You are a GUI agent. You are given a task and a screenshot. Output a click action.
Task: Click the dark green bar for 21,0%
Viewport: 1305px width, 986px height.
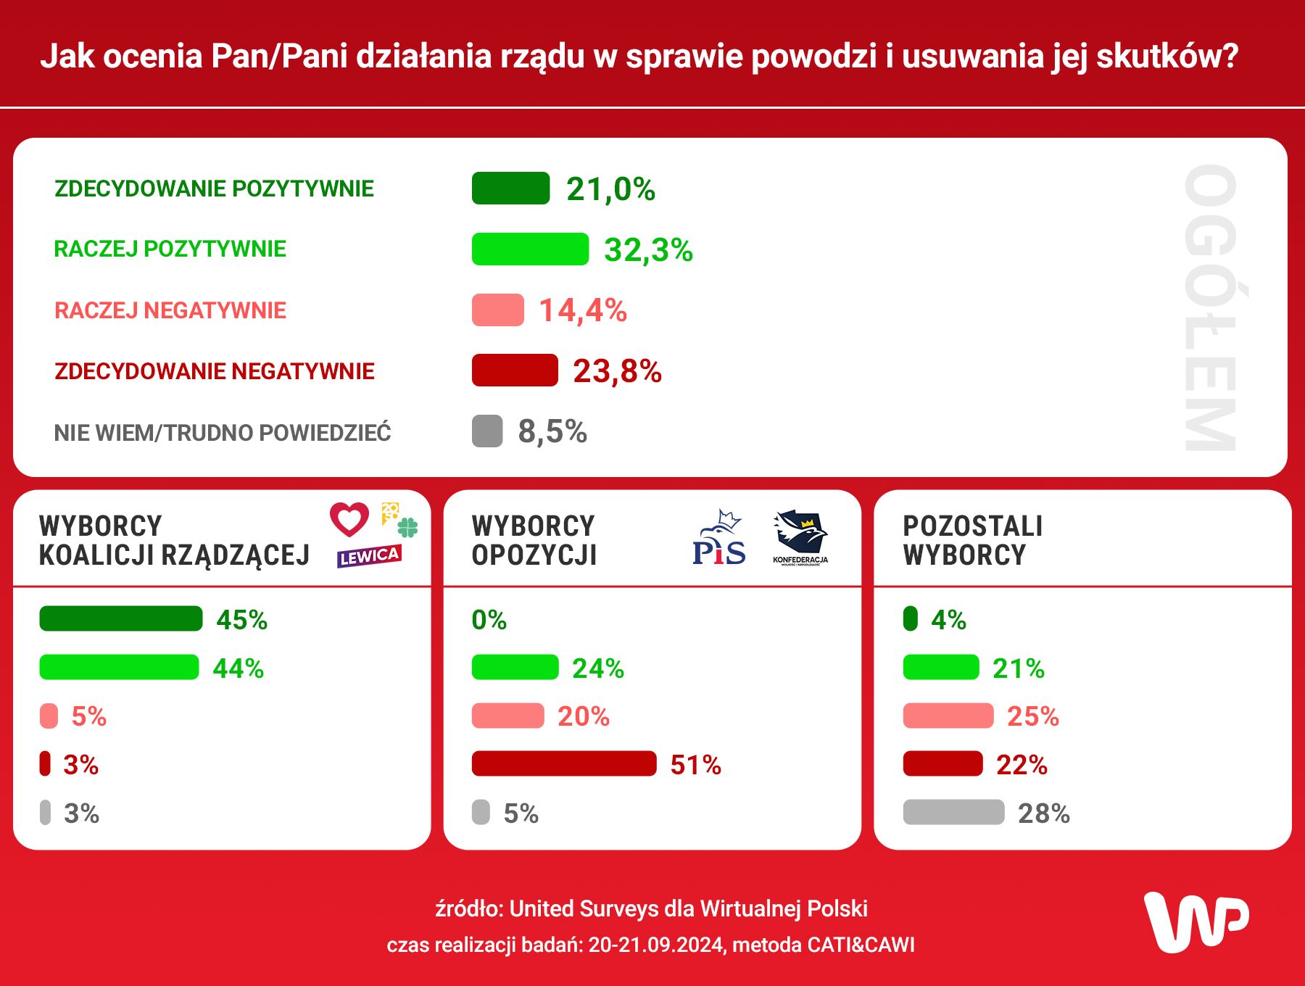[x=510, y=188]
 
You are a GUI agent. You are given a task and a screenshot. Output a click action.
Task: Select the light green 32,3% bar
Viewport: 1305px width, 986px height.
[x=530, y=249]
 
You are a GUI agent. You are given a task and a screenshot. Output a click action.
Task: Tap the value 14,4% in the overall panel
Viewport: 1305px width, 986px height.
[x=583, y=310]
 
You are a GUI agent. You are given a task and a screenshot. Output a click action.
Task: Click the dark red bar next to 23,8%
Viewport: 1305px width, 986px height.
[x=515, y=370]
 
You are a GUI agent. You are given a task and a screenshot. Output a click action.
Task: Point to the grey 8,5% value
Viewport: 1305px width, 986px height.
[x=552, y=431]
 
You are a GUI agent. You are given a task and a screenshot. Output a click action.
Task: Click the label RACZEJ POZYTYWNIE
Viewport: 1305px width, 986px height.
[x=170, y=249]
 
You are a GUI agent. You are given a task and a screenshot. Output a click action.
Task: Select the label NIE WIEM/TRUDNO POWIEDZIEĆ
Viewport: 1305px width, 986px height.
[x=223, y=433]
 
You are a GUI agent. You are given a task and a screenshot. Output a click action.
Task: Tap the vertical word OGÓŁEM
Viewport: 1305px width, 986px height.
[x=1211, y=308]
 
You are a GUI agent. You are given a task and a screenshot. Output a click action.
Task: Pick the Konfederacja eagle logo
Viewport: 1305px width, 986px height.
[x=800, y=537]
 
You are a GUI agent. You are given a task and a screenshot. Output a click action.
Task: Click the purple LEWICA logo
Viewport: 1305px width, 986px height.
[x=369, y=556]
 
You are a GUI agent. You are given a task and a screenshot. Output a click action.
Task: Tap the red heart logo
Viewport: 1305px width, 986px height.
[x=349, y=518]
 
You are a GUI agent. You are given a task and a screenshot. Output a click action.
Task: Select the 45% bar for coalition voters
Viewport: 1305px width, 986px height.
[x=121, y=618]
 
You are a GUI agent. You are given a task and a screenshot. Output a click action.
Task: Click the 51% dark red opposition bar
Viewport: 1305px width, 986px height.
[x=563, y=763]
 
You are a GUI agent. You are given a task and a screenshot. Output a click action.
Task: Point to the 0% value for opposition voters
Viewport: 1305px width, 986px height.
[x=489, y=620]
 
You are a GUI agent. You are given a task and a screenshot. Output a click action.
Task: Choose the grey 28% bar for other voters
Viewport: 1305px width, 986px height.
[x=953, y=812]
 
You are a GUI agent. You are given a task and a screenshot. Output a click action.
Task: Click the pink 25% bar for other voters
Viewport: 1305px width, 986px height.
[x=948, y=716]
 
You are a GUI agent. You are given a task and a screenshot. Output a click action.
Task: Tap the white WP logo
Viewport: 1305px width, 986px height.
[x=1196, y=921]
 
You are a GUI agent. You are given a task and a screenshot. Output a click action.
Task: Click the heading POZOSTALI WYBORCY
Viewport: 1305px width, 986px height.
[x=972, y=540]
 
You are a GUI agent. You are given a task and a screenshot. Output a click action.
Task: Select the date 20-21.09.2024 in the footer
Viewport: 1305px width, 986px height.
[x=655, y=945]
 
